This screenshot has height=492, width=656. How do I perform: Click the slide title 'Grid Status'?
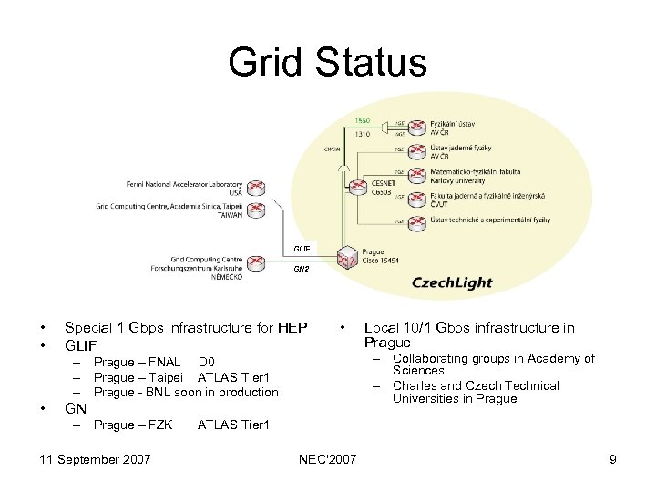click(327, 62)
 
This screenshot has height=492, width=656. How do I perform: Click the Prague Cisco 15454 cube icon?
click(346, 258)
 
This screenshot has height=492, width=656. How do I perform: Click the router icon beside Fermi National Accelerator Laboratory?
click(256, 188)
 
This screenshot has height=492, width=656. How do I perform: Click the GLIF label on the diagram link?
click(302, 249)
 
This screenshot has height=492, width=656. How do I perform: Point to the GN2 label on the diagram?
click(301, 270)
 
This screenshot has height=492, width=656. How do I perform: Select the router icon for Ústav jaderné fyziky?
click(416, 150)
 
